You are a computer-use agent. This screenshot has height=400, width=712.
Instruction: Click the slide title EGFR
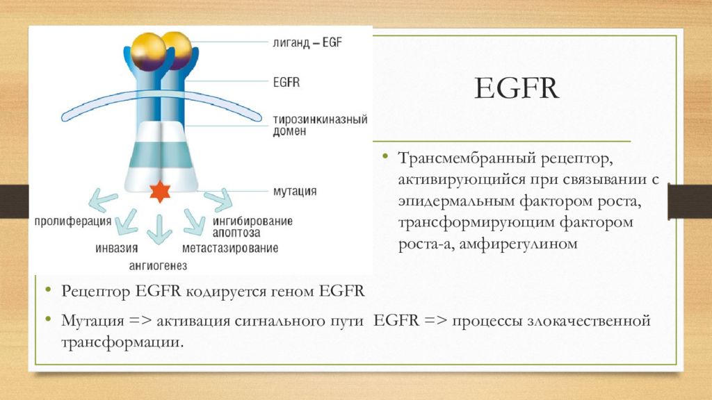point(517,89)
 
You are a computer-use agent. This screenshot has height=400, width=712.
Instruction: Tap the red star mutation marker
point(161,190)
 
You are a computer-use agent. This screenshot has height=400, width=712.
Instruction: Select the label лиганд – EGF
point(307,42)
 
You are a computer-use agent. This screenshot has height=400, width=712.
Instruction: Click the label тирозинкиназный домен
point(318,125)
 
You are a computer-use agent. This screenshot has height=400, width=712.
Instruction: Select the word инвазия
point(116,248)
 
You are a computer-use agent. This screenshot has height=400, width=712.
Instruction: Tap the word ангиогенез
point(158,265)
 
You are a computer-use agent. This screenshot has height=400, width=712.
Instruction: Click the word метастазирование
point(230,248)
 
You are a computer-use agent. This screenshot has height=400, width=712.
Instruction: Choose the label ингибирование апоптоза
point(252,227)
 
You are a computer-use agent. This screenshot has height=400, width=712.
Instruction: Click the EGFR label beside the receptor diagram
point(286,83)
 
